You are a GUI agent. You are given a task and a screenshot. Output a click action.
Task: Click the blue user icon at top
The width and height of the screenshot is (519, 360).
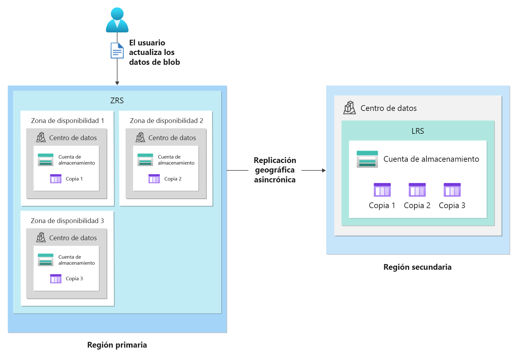click(117, 20)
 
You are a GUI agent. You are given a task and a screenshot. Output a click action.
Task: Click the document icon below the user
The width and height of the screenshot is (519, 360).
click(117, 51)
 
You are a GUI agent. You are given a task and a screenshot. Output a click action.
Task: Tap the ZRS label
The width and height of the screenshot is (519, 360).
click(117, 101)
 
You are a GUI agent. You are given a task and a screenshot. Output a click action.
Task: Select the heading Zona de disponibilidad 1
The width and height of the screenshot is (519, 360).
click(67, 121)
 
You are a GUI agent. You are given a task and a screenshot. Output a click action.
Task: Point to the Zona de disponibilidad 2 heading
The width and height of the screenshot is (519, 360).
click(166, 121)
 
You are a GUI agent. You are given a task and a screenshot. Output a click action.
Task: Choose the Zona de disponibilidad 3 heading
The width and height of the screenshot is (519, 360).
click(67, 221)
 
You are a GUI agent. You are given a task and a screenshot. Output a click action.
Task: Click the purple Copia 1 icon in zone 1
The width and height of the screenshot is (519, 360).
click(56, 179)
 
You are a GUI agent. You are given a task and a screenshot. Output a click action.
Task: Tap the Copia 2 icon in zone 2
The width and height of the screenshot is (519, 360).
click(154, 179)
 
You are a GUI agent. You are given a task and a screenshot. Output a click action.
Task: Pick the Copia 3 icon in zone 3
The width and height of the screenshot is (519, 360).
click(56, 279)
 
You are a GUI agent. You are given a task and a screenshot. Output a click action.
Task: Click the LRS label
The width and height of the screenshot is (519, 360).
click(418, 131)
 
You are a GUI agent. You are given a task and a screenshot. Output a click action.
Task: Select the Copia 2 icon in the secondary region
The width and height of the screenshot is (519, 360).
click(417, 190)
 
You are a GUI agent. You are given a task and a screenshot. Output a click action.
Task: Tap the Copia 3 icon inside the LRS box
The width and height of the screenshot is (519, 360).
click(452, 190)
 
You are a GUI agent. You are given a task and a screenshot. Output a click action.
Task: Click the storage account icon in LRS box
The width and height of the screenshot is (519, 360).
click(367, 159)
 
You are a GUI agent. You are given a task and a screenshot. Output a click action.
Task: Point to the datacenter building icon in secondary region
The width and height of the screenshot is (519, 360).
click(349, 108)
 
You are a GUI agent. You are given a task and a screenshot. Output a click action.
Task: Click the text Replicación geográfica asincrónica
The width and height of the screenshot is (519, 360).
click(275, 170)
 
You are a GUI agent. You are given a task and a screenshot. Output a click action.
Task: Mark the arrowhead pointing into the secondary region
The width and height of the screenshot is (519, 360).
click(324, 171)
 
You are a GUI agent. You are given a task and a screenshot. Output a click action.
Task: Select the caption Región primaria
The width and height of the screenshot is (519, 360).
click(117, 345)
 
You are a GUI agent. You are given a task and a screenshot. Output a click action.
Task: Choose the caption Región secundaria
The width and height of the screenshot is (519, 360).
click(417, 267)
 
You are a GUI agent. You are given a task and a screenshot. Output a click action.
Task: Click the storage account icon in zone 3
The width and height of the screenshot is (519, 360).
click(45, 260)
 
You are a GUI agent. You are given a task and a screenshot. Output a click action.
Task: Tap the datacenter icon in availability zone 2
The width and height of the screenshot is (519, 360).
click(140, 137)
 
